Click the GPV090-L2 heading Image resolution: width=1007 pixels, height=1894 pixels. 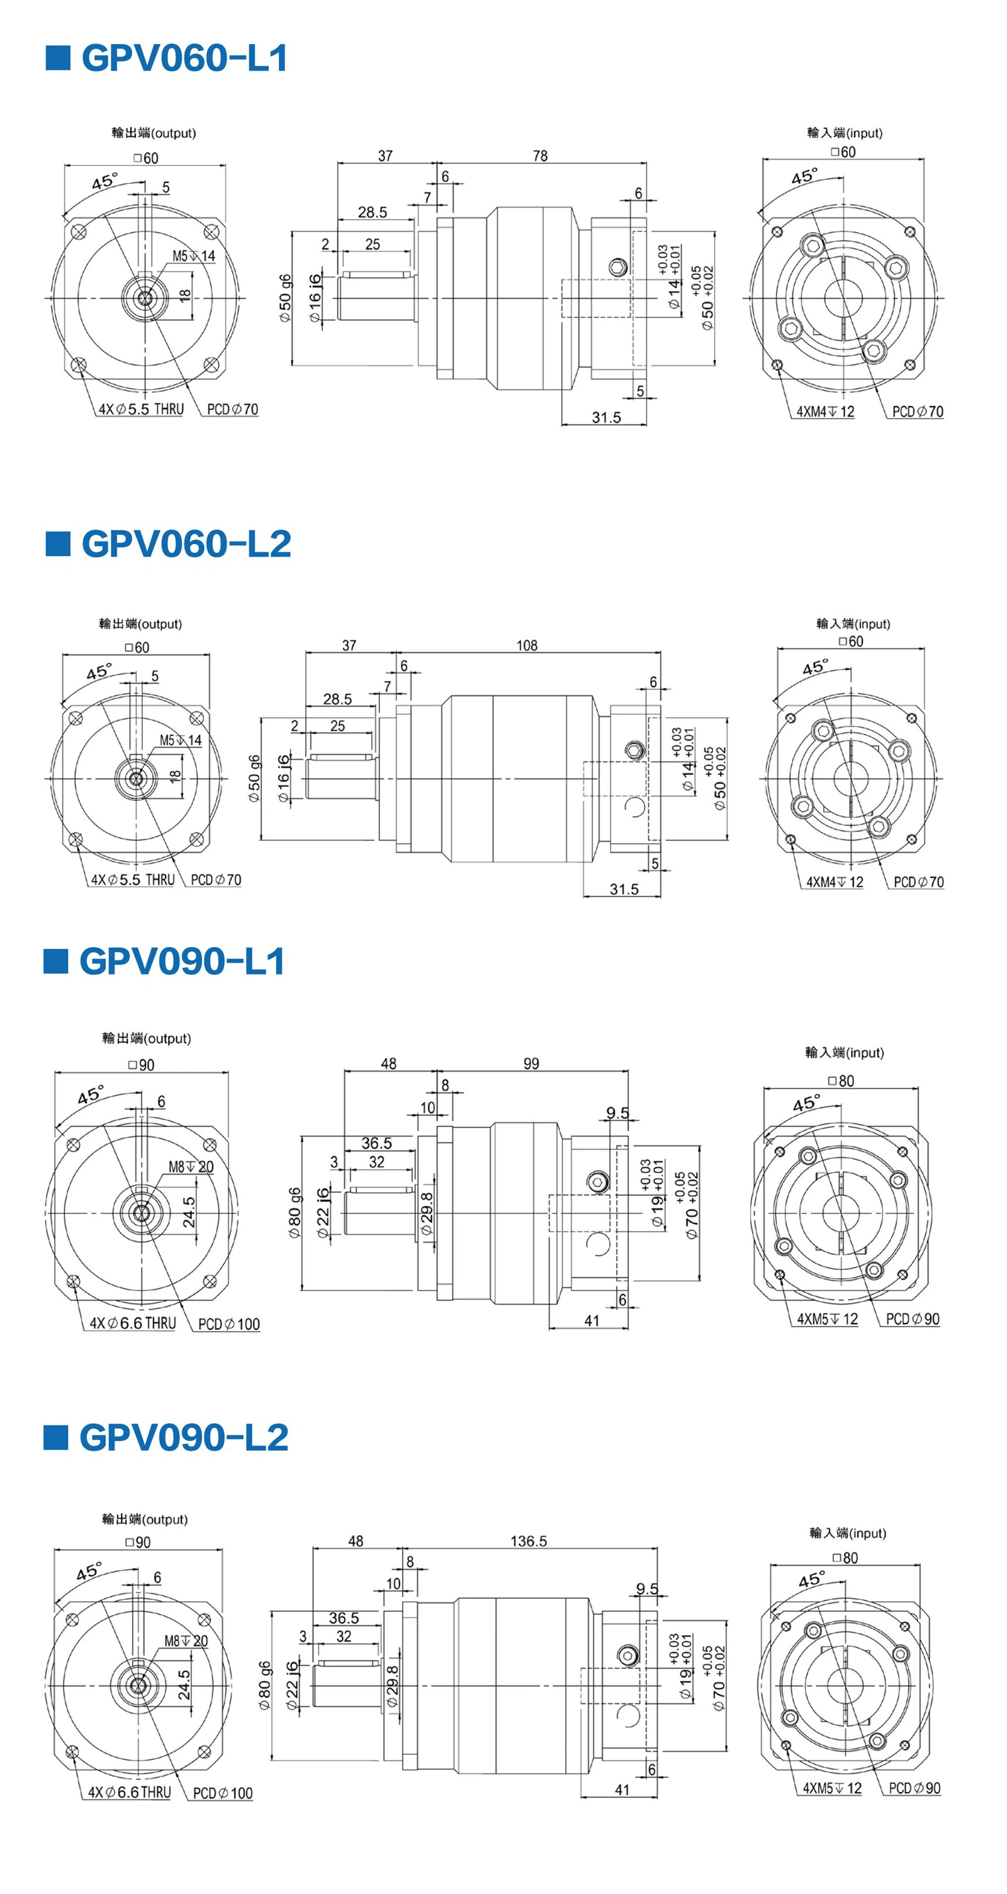184,1438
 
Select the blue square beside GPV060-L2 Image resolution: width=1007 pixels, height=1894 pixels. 58,543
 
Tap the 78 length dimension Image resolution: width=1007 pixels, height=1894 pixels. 540,156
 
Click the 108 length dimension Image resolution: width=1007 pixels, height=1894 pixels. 527,645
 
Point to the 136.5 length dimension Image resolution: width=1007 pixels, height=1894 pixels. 529,1541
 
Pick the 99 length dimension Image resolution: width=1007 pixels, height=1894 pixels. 531,1064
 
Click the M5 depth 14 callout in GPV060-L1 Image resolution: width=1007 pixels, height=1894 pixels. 194,256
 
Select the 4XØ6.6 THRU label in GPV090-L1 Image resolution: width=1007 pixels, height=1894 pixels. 133,1324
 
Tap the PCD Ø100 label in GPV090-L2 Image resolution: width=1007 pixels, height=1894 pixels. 223,1793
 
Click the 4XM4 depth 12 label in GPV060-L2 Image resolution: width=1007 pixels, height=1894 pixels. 835,882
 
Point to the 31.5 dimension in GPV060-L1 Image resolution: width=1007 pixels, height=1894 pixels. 607,417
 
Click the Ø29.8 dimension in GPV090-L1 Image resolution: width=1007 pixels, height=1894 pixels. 426,1214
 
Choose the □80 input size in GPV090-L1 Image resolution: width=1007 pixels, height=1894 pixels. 841,1081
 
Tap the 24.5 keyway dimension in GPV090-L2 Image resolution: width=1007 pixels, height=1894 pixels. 184,1685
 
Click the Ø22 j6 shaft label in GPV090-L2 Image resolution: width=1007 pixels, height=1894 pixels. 292,1686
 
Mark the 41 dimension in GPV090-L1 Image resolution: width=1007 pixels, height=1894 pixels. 592,1321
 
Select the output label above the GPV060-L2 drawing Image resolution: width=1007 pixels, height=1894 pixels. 140,623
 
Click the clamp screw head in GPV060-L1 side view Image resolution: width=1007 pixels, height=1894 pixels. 618,267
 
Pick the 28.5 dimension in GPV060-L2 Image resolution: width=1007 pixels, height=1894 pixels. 337,698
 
